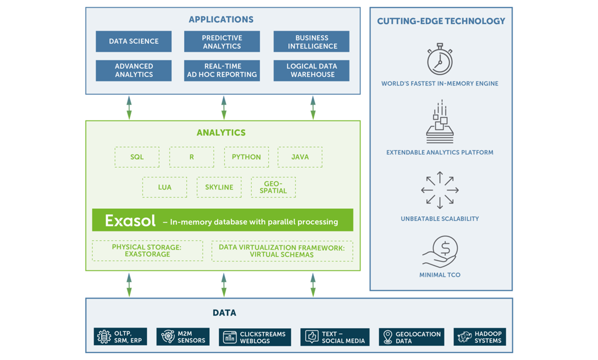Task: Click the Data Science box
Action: (x=134, y=42)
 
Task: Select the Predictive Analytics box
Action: (x=222, y=42)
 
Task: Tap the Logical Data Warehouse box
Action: (x=312, y=71)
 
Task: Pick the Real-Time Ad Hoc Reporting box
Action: (x=222, y=71)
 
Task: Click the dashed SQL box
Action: (x=137, y=157)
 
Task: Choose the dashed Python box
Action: (x=246, y=157)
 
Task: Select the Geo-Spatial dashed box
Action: (x=273, y=187)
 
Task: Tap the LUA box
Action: (x=165, y=187)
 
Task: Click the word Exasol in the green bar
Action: (x=130, y=221)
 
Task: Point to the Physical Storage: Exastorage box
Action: (x=147, y=251)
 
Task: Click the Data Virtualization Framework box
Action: (x=282, y=251)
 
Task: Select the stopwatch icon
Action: (x=439, y=59)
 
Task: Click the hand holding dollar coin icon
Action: (x=440, y=251)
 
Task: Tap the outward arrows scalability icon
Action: (x=439, y=190)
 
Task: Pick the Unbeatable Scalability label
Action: (x=439, y=218)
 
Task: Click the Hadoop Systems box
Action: (x=480, y=337)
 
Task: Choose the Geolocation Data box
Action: (x=412, y=337)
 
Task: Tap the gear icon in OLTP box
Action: (x=104, y=337)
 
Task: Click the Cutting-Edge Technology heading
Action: (x=441, y=21)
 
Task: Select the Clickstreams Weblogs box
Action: (x=255, y=337)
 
